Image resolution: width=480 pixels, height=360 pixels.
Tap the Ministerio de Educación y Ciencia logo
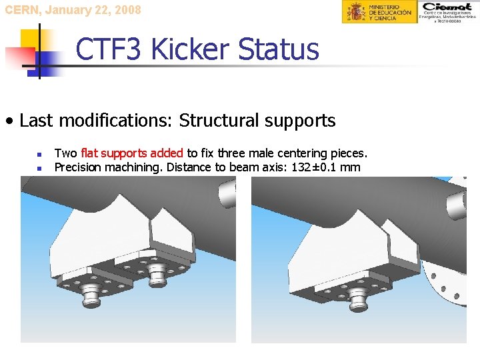pos(380,12)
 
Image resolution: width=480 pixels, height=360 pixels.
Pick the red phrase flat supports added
pos(133,153)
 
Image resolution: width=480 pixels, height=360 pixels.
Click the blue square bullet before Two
pos(41,154)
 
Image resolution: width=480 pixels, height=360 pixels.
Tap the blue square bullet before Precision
pos(41,168)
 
